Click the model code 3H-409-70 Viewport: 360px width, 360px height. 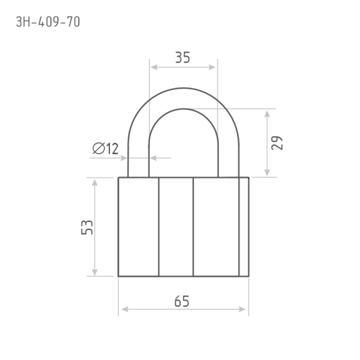(48, 22)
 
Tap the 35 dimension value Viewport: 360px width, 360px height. (183, 57)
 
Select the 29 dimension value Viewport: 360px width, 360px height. (277, 143)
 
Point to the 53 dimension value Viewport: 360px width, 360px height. (87, 227)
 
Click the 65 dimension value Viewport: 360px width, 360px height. (182, 301)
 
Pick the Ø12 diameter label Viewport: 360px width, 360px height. (105, 149)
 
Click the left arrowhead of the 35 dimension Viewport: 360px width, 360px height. (154, 67)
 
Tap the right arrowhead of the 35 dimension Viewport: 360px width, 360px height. (212, 67)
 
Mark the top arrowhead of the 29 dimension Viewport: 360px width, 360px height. (266, 114)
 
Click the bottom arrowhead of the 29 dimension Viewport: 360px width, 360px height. (266, 172)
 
